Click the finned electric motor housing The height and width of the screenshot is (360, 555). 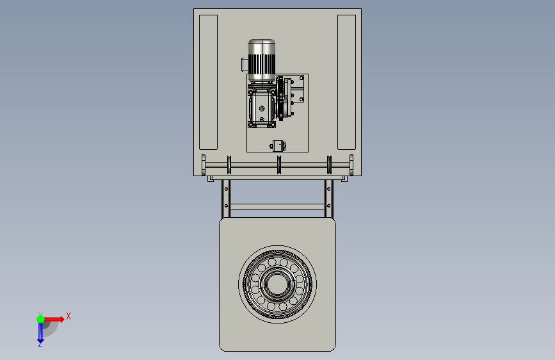tap(262, 60)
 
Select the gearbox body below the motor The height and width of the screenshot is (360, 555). tap(262, 108)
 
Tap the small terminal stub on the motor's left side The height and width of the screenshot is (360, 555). tap(245, 65)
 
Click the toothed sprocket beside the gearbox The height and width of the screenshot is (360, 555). tap(280, 99)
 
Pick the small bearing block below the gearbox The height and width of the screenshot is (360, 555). tap(278, 145)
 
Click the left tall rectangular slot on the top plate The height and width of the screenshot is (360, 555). tap(208, 82)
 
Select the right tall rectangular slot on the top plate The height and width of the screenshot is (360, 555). tap(346, 82)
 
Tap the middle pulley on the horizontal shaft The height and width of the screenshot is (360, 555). tap(279, 165)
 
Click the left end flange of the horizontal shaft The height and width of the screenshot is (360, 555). tap(203, 165)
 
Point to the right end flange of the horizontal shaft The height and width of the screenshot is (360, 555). tap(351, 165)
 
